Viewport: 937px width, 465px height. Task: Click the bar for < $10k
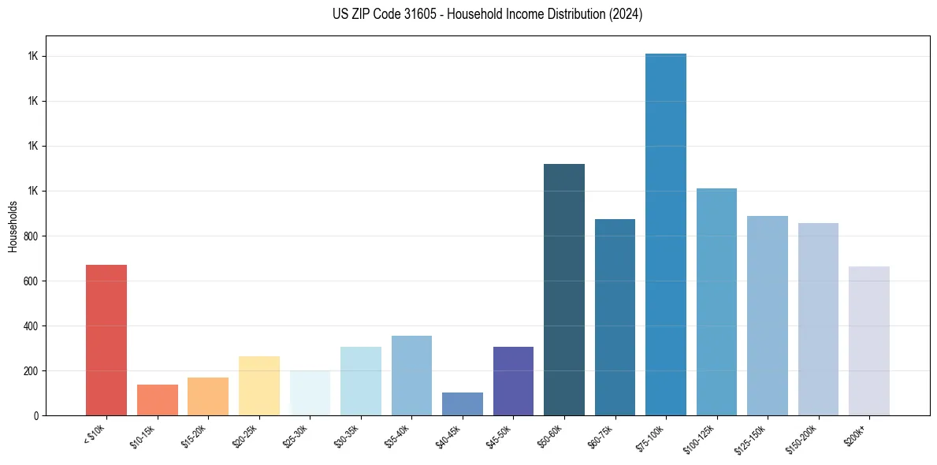[x=106, y=340]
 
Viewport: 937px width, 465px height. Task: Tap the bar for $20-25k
[x=258, y=386]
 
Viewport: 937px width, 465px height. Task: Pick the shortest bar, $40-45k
[x=462, y=404]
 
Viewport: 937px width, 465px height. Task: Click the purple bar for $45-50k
[x=513, y=381]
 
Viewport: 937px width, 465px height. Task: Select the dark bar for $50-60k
[x=563, y=290]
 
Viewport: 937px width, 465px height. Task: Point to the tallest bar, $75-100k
[x=665, y=235]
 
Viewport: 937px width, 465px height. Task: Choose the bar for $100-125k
[x=716, y=302]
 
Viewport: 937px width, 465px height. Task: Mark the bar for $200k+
[x=868, y=341]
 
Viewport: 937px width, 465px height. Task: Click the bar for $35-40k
[x=411, y=376]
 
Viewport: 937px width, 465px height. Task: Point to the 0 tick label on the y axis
[x=36, y=416]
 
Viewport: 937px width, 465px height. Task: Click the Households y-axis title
[x=13, y=226]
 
